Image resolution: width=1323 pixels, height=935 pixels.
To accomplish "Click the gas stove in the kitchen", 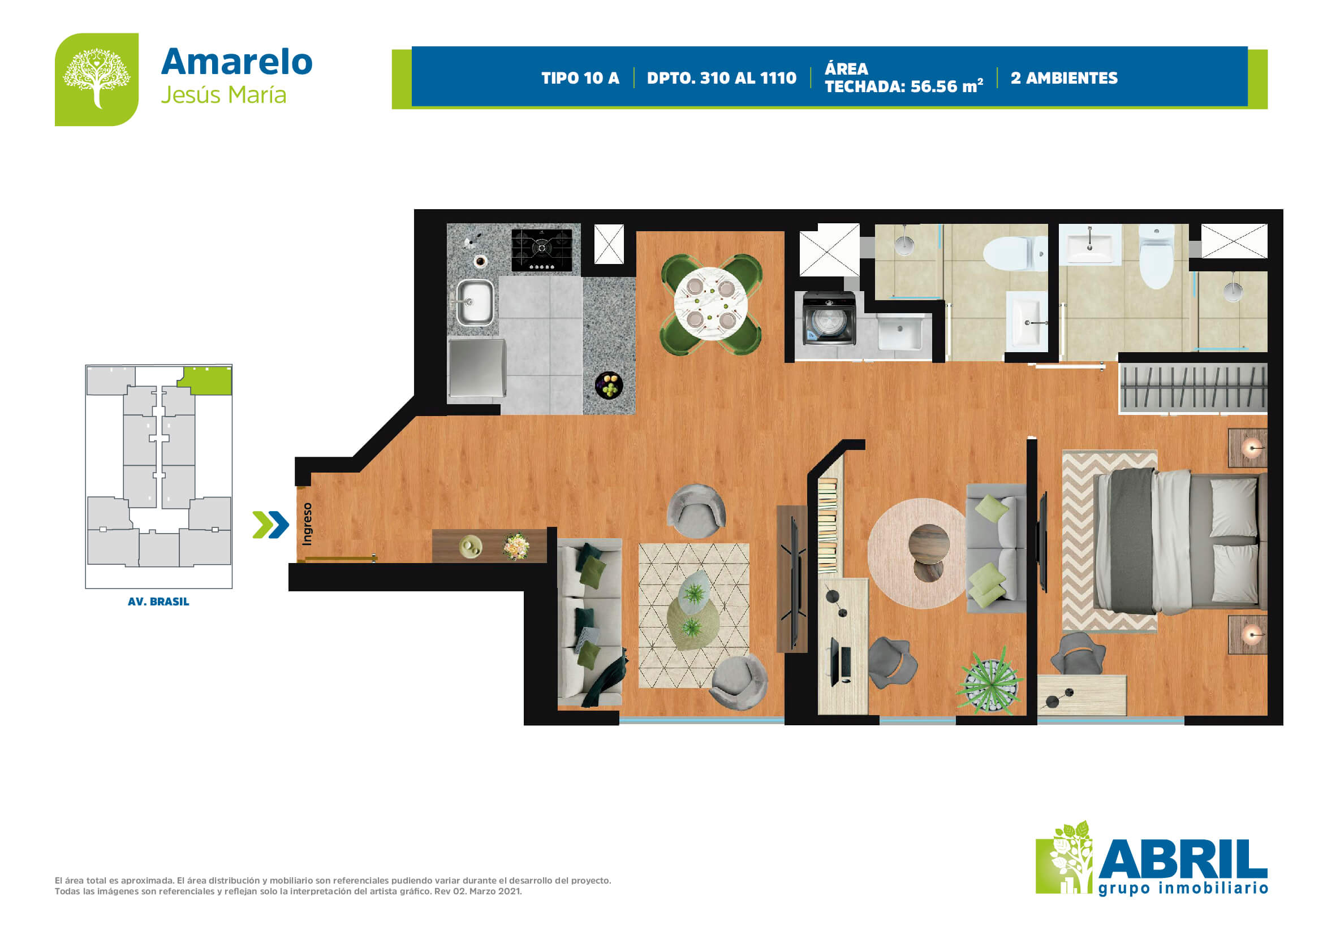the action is tap(542, 249).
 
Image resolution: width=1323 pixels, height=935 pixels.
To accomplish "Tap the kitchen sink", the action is tap(475, 302).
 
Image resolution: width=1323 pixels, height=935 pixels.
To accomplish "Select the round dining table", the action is tap(710, 304).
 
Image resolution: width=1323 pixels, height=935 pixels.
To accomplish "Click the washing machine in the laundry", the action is tap(829, 318).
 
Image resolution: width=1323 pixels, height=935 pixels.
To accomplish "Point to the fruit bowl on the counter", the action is tap(609, 385).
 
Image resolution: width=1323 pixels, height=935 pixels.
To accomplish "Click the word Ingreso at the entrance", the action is tap(307, 523).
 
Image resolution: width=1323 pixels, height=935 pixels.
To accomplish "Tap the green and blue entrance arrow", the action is tap(271, 525).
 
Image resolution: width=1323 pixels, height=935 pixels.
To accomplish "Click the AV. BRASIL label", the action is tap(158, 601).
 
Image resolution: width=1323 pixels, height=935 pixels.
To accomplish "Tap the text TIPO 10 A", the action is tap(580, 79).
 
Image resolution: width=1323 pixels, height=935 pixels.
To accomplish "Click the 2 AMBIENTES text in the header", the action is tap(1064, 79).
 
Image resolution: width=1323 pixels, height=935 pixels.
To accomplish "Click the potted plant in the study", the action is tap(989, 681).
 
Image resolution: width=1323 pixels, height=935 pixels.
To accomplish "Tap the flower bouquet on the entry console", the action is tap(516, 546).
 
